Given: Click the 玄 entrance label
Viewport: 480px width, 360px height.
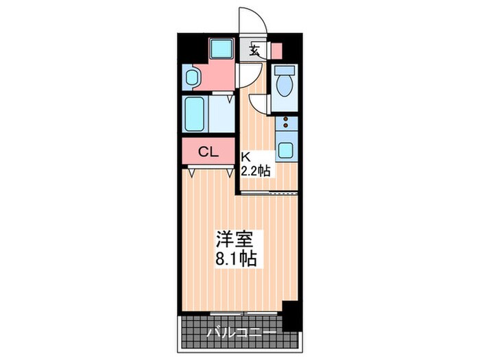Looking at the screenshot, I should [x=254, y=50].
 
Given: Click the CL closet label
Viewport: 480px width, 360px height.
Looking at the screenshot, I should [x=208, y=152].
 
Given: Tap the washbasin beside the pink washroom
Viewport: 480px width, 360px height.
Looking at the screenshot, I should [x=191, y=77].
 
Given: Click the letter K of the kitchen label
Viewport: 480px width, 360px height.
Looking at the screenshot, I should [x=243, y=156].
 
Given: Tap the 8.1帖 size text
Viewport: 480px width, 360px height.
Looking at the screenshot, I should [x=236, y=259].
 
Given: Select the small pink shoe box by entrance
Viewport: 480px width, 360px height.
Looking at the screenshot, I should [x=276, y=50].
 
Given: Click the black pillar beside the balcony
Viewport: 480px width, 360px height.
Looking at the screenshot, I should [x=293, y=315].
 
